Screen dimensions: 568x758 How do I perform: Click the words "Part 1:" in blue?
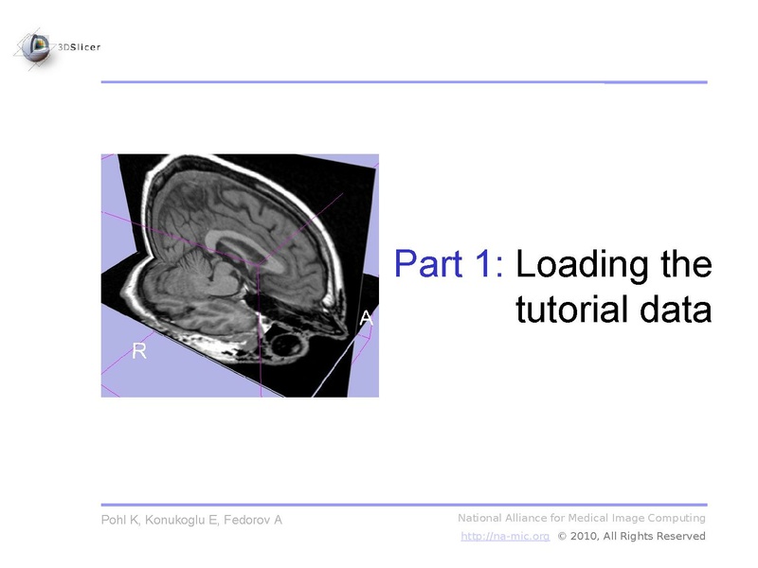point(448,263)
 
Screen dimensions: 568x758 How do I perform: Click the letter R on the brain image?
point(139,351)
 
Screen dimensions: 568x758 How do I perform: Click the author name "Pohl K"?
point(123,521)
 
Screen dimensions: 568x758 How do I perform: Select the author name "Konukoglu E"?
point(187,521)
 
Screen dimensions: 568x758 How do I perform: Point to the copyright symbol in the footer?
point(563,536)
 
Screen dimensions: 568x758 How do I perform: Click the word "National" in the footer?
point(482,518)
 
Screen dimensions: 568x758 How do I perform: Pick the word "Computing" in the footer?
point(677,518)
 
